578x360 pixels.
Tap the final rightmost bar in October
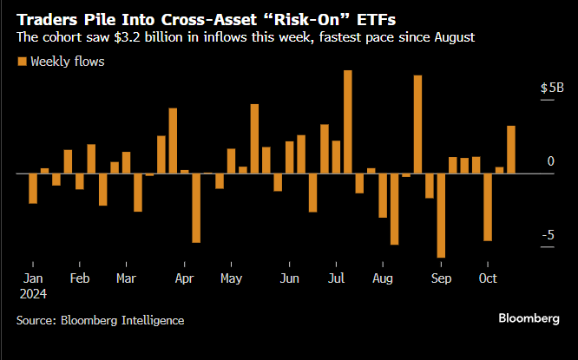click(511, 149)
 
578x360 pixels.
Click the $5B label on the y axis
click(552, 88)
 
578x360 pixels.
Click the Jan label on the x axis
click(32, 278)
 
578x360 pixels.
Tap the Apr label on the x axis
click(184, 278)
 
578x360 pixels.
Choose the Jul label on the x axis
click(336, 278)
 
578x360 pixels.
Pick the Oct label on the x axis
click(488, 278)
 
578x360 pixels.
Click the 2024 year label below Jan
click(35, 293)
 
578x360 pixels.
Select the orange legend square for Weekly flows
click(21, 62)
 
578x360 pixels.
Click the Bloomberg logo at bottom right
click(529, 318)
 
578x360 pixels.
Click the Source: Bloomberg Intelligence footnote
click(100, 320)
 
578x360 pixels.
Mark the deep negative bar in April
click(196, 208)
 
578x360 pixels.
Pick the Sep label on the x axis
click(441, 278)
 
